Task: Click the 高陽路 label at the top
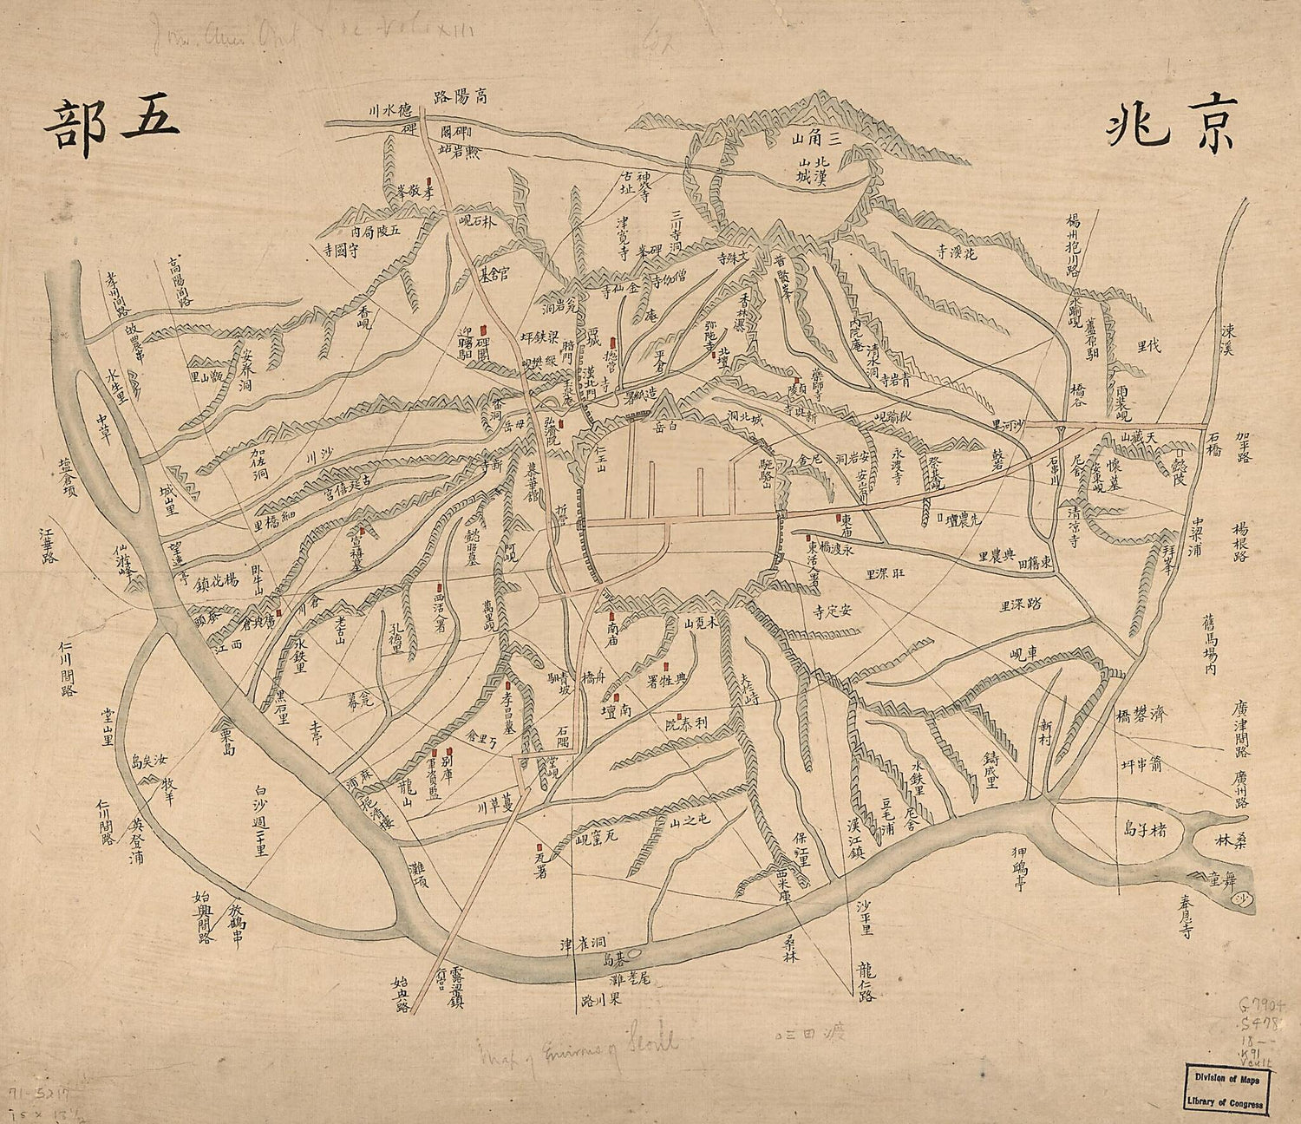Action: point(459,96)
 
